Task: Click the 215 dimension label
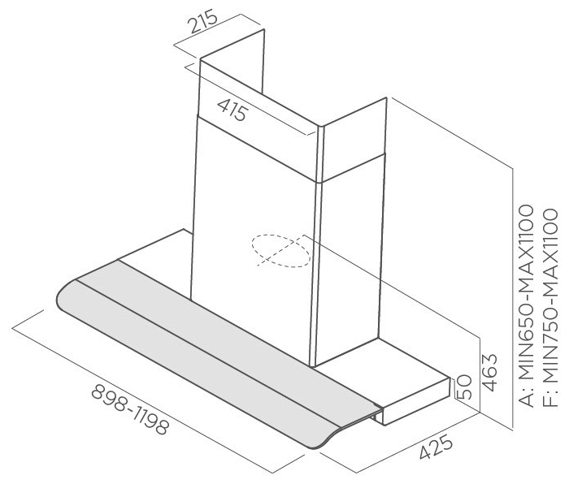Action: [x=203, y=23]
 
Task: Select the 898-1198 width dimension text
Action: [x=130, y=409]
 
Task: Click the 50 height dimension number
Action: [x=464, y=387]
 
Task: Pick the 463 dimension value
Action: [x=490, y=372]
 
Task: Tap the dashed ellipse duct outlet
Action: [x=280, y=250]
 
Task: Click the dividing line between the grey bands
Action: [x=224, y=349]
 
